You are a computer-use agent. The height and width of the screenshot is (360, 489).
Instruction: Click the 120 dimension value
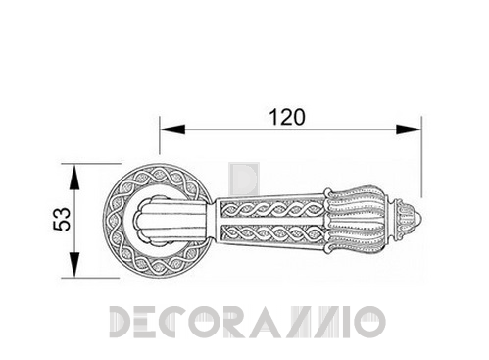[287, 117]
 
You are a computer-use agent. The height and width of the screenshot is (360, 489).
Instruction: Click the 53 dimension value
[62, 219]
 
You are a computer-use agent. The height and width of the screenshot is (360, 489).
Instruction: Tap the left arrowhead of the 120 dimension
[172, 129]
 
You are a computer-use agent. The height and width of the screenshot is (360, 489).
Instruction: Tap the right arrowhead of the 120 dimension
[409, 129]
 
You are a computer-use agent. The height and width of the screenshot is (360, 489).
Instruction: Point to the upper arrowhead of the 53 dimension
[74, 178]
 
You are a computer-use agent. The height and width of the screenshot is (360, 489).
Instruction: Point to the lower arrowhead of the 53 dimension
[74, 265]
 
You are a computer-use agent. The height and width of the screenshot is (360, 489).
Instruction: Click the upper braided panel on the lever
[272, 208]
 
